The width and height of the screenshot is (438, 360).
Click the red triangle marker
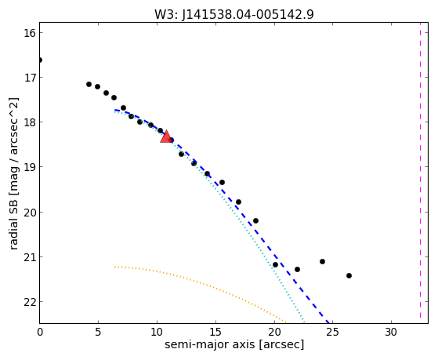click(166, 136)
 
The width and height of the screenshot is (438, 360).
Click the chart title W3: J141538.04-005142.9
click(234, 15)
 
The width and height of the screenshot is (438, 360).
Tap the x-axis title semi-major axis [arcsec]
click(234, 344)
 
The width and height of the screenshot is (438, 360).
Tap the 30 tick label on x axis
click(391, 333)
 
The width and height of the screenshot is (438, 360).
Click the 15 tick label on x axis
click(215, 333)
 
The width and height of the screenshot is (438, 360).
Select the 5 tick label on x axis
click(98, 333)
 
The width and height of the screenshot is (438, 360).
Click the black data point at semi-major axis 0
click(40, 60)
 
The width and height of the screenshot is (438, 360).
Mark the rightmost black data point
click(349, 276)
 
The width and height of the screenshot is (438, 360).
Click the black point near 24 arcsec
click(322, 262)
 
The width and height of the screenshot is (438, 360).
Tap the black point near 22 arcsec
click(298, 270)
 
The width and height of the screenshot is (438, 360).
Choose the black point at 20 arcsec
click(276, 264)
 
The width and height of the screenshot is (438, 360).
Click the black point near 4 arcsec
click(89, 84)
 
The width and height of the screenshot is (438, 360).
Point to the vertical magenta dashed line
click(420, 173)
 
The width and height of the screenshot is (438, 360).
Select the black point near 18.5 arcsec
click(255, 221)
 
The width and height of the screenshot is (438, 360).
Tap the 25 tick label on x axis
click(332, 333)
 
